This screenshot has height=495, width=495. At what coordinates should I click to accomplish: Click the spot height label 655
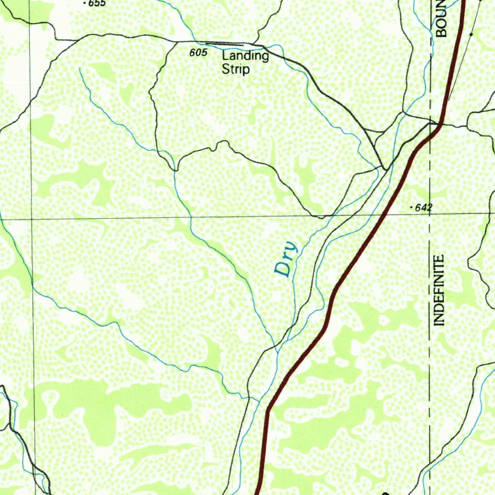click(97, 3)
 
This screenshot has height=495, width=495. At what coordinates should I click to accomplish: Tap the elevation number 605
click(198, 53)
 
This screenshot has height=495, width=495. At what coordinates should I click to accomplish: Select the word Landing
click(245, 56)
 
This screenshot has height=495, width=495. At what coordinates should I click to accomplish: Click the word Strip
click(236, 70)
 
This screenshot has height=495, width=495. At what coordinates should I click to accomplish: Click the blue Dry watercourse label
click(286, 259)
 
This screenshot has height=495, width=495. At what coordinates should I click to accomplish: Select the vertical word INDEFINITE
click(439, 290)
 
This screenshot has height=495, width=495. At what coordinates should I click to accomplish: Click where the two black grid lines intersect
click(32, 219)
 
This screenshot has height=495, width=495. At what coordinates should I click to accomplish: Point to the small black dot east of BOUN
click(471, 35)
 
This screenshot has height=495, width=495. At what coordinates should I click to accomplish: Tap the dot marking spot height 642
click(411, 207)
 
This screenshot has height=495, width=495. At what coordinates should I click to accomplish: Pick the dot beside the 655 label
click(85, 3)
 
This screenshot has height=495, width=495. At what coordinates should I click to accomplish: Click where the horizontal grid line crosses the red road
click(385, 212)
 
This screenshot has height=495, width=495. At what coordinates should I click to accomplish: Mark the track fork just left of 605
click(174, 42)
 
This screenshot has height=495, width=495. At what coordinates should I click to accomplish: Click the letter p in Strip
click(247, 71)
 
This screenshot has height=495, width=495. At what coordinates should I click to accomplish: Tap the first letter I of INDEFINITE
click(439, 323)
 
